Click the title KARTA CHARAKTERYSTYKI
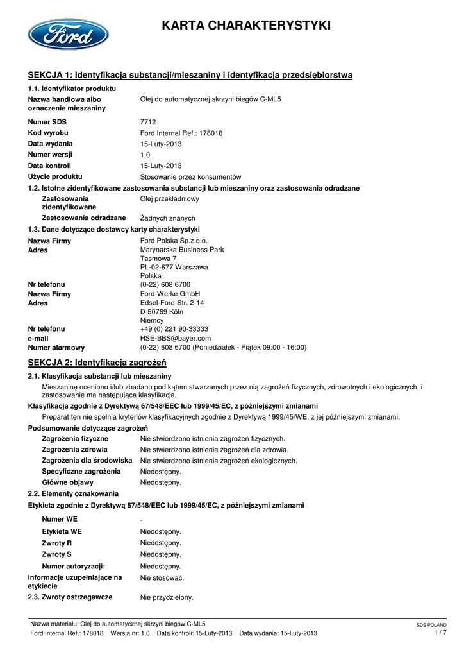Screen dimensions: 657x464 point(246,26)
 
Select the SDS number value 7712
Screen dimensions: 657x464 point(148,122)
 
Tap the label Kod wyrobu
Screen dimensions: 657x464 point(48,133)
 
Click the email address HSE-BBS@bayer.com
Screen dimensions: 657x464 point(176,338)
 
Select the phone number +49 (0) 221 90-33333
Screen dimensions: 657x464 point(174,328)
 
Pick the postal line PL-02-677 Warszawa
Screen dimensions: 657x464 point(174,267)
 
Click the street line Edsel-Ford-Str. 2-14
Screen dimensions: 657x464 point(172,303)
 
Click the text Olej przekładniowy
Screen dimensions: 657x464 point(169,199)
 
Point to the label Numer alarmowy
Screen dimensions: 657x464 point(56,348)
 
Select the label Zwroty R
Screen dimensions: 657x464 point(57,543)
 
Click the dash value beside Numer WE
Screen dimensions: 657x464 point(142,519)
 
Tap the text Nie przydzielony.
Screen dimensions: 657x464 point(167,597)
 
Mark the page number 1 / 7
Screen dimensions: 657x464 point(440,633)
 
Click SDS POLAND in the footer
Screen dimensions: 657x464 point(431,625)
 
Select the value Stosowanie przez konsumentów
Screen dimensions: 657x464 point(190,176)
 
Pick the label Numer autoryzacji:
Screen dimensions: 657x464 point(74,567)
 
